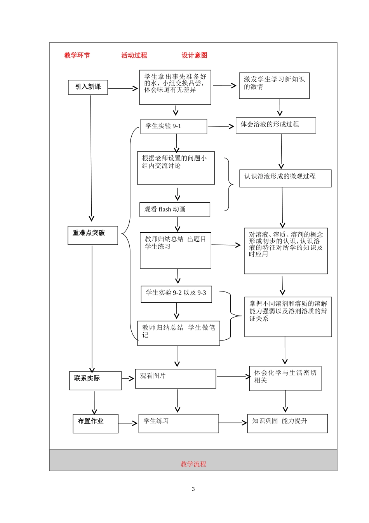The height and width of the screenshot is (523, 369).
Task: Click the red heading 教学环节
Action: click(x=77, y=55)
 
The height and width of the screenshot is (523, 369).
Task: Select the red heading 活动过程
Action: click(x=134, y=55)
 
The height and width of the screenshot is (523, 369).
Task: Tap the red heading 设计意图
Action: click(x=194, y=55)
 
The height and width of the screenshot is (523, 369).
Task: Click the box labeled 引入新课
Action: click(x=88, y=87)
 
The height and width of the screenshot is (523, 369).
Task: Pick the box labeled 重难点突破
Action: click(x=92, y=235)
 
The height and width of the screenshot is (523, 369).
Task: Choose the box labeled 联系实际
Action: click(x=95, y=381)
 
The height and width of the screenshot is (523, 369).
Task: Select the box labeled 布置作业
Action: click(x=95, y=423)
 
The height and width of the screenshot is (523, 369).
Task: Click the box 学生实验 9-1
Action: click(x=173, y=126)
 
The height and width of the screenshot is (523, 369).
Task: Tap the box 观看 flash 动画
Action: click(x=174, y=209)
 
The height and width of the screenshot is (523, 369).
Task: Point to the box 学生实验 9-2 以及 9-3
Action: click(x=176, y=294)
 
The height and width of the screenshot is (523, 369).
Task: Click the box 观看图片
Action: click(x=175, y=379)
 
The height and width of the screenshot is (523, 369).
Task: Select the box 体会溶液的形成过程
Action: click(x=275, y=125)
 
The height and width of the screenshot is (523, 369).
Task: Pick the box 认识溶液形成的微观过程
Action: click(x=285, y=178)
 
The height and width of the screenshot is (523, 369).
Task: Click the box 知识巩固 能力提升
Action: click(x=287, y=423)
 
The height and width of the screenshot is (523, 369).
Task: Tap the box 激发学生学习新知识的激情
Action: click(x=274, y=86)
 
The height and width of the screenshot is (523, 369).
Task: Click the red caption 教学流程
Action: click(x=193, y=464)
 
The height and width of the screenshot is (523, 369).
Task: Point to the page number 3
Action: click(x=193, y=489)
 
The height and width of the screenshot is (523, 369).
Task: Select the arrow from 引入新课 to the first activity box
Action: click(x=123, y=88)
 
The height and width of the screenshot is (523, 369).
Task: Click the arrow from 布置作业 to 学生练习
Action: click(x=128, y=423)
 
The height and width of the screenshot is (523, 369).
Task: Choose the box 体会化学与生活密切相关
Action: click(x=285, y=378)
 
